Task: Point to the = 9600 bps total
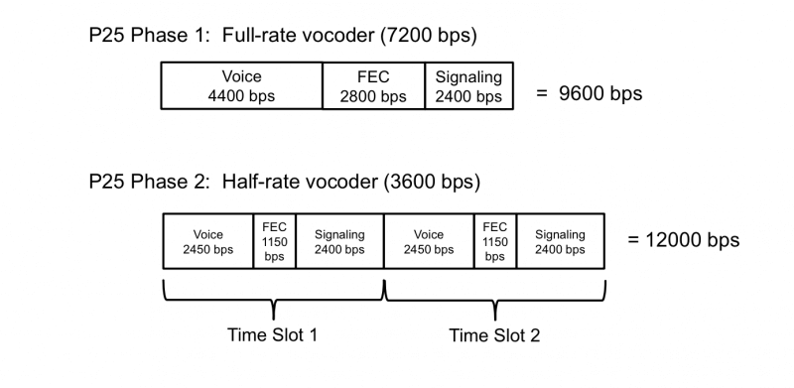point(591,93)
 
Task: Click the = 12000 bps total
point(684,241)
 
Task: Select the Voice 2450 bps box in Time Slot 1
point(207,241)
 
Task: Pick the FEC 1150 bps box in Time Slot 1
point(274,241)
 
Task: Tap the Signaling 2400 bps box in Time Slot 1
point(338,241)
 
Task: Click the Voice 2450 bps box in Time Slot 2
point(429,241)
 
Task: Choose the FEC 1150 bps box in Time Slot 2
point(495,241)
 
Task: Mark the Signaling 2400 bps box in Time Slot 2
point(560,241)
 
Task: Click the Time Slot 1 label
point(272,334)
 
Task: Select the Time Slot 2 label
point(494,334)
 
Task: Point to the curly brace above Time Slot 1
point(273,296)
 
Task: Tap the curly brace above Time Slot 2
point(494,296)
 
